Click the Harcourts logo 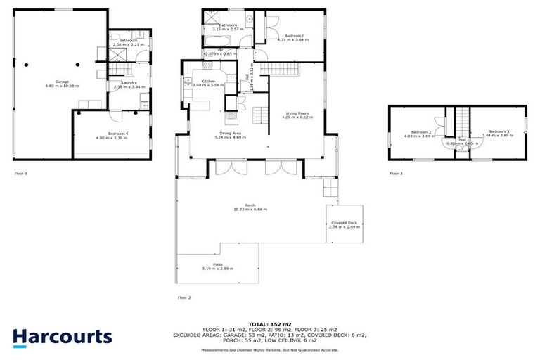click(62, 337)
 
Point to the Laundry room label click(129, 83)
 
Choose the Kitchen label click(208, 82)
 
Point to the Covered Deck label click(342, 222)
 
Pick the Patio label click(218, 264)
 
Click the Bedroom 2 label click(421, 132)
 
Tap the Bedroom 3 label click(499, 132)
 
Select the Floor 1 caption click(20, 173)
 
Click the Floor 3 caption click(397, 173)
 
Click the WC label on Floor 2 click(220, 50)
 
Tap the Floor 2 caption click(184, 297)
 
